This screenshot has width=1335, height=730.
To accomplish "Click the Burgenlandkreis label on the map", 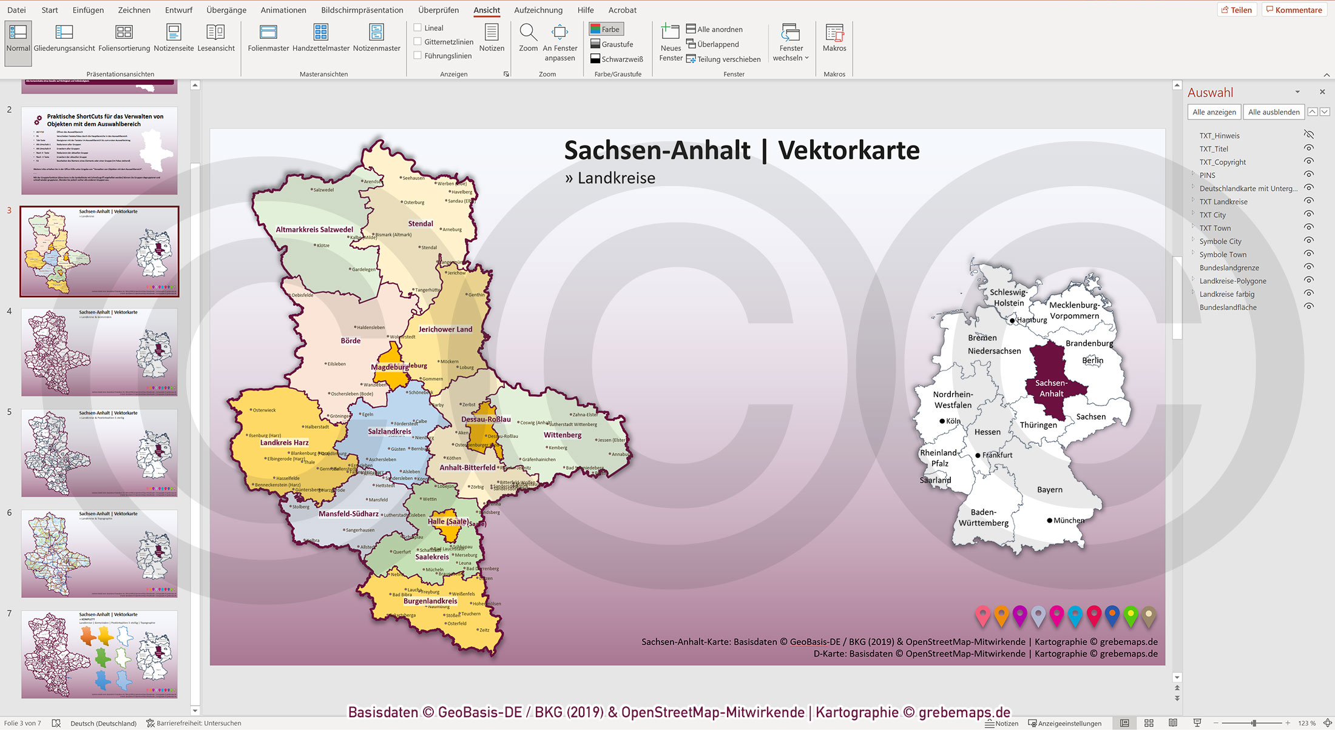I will pos(430,601).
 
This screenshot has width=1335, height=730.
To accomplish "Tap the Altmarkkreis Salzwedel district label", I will pos(314,230).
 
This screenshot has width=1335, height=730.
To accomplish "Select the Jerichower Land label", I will pos(445,329).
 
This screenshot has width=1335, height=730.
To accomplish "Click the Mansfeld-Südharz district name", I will pos(348,514).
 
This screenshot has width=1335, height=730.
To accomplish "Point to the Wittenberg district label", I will pos(562,435).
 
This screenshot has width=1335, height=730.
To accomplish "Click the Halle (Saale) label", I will pos(448,521).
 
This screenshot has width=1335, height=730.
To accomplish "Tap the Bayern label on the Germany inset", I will pos(1049,489).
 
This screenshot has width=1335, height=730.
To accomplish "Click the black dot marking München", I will pos(1050,520).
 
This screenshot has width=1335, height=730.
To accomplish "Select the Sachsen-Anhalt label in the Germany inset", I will pos(1051,388).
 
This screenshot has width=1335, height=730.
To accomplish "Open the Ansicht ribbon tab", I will pos(487,10).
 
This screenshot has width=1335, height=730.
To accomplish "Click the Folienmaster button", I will pos(268,38).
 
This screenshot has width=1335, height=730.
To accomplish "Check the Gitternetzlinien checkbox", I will pos(417,41).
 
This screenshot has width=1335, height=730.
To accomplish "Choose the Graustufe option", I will pos(612,44).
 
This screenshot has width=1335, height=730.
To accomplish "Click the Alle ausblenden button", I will pos(1273,112).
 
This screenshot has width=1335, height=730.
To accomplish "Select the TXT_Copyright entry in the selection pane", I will pos(1222,162).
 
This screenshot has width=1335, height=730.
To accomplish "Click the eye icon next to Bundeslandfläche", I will pos(1309,307).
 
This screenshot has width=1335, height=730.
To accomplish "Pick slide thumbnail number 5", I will pos(100,452).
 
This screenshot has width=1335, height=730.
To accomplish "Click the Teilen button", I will pos(1236,10).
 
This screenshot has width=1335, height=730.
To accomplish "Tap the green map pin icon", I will pos(1130,615).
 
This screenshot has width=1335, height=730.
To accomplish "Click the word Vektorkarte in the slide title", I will pos(848,150).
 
